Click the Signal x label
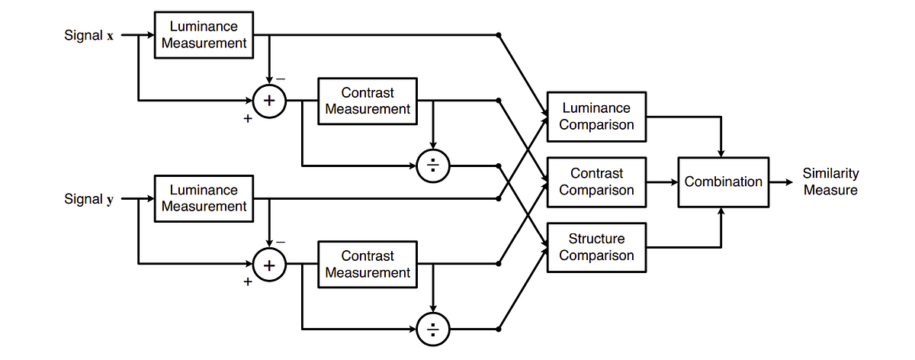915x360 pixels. [x=89, y=35]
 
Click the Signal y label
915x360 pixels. [x=89, y=199]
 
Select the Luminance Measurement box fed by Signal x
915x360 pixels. [x=204, y=35]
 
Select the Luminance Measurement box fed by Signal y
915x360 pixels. [x=204, y=198]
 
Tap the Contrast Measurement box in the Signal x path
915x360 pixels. [x=368, y=101]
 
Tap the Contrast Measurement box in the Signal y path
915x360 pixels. [x=368, y=264]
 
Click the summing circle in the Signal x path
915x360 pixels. [x=268, y=101]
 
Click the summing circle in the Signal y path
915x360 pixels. [x=268, y=265]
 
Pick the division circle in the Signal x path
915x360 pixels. [x=433, y=166]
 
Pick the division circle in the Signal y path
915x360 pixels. [x=433, y=329]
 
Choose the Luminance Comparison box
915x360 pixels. [x=596, y=117]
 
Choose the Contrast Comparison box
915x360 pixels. [x=596, y=182]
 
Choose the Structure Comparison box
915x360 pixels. [x=596, y=247]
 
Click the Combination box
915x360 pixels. [x=723, y=182]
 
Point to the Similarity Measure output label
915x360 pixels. [x=830, y=182]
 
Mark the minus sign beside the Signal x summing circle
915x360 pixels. [x=281, y=79]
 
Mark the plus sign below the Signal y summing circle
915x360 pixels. [x=247, y=282]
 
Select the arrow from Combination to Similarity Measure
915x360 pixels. [x=781, y=182]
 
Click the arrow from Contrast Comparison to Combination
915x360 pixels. [x=662, y=182]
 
